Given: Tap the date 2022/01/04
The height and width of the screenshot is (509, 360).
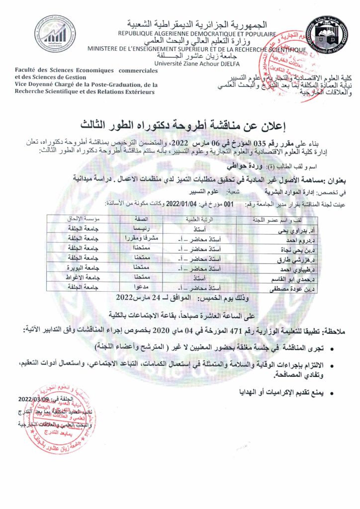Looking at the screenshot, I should (178, 203).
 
